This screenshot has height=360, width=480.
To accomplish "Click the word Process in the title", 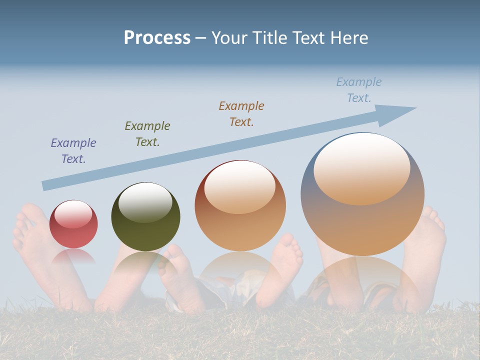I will point(157,38).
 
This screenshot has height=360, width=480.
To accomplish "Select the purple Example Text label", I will point(73,151).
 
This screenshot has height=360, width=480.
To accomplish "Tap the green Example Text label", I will point(147,134).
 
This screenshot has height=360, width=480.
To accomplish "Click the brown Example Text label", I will point(241,114).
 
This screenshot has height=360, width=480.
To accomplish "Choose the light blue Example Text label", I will point(359,90).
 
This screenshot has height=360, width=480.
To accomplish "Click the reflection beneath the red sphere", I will point(73,256).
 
